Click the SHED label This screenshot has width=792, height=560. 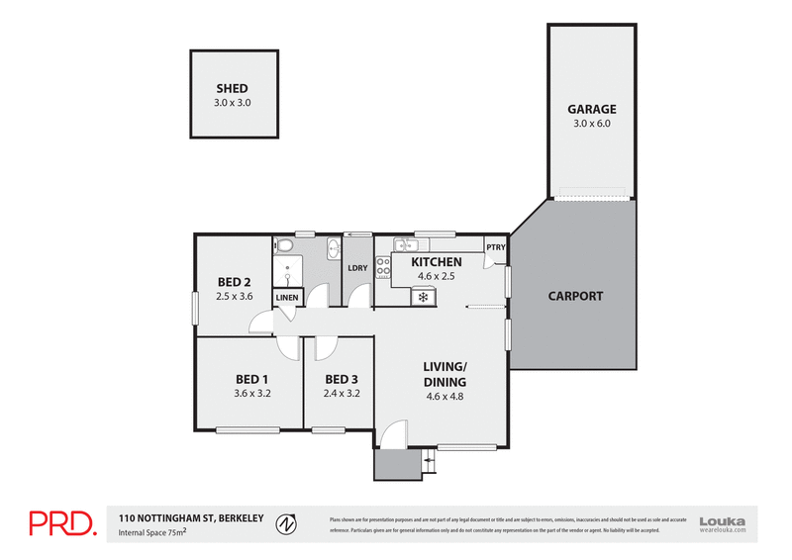coord(232,88)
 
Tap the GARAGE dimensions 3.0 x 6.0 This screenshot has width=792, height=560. coord(591,124)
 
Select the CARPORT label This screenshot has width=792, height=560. coord(575,295)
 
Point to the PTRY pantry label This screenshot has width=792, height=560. coord(495,247)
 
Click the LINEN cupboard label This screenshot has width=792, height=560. coord(287,297)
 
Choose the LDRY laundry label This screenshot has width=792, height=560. coord(357,268)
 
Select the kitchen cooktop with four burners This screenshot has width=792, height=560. coord(383,267)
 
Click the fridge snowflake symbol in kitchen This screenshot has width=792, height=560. coord(423,296)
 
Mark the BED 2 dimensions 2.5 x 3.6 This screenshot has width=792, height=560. coord(235,296)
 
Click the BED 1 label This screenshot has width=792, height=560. coord(251,379)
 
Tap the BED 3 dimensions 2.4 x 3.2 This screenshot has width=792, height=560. coord(342,393)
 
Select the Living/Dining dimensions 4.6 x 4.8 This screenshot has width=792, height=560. coord(445,396)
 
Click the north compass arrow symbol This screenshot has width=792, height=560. coord(286,522)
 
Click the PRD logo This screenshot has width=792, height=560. coord(61,523)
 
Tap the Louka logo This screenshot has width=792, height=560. coord(722,523)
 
